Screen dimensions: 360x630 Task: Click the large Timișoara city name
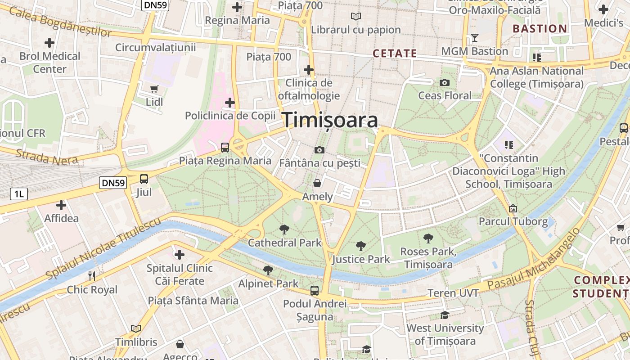tap(330, 121)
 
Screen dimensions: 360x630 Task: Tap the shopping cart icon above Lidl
tap(154, 89)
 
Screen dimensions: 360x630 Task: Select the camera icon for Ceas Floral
tap(445, 82)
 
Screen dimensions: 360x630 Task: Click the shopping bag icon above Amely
tap(317, 183)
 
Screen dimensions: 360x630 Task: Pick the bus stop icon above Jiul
tap(144, 179)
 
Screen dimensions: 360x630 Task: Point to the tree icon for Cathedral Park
tap(284, 229)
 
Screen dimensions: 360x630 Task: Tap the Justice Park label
tap(361, 259)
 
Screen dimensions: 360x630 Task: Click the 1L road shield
tap(19, 194)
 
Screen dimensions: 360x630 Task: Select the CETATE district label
tap(395, 54)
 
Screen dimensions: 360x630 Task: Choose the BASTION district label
tap(540, 29)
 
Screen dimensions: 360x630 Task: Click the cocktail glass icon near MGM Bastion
tap(474, 37)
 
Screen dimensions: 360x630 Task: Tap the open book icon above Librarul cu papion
tap(356, 17)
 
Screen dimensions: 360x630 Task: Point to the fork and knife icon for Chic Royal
tap(92, 276)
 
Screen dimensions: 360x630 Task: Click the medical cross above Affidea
tap(61, 206)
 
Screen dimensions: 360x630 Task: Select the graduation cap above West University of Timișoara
tap(445, 315)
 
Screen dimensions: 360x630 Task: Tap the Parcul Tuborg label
tap(513, 221)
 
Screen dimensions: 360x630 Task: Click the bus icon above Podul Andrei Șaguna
tap(315, 291)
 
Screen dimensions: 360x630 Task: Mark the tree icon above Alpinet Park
tap(268, 270)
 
